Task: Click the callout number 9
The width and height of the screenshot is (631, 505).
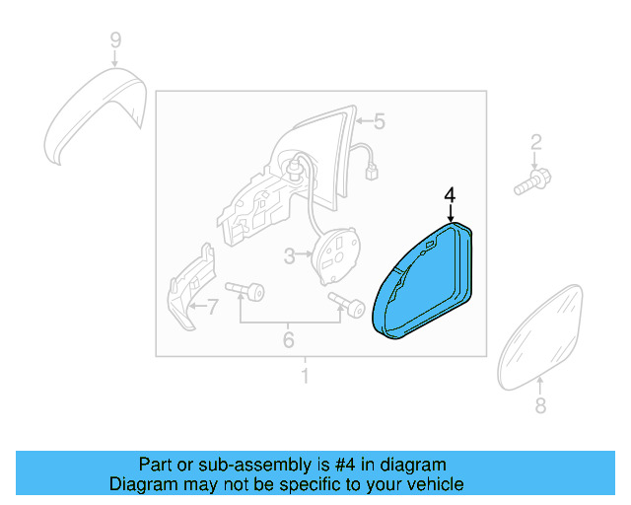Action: [115, 40]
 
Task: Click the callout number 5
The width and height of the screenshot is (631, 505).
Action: [379, 121]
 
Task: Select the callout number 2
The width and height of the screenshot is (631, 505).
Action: [536, 141]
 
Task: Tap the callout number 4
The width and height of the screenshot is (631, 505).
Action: [450, 195]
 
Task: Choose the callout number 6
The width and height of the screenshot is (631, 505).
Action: [288, 340]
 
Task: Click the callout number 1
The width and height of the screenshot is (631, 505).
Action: [305, 376]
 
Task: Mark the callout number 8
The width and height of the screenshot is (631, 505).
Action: [539, 405]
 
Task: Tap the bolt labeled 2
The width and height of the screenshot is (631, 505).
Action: [533, 181]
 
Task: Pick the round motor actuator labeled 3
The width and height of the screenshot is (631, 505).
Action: [336, 251]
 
